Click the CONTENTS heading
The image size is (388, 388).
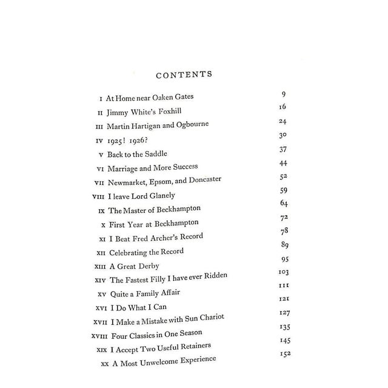tap(184, 75)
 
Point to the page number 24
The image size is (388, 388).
tap(283, 121)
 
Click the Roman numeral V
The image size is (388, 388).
tap(101, 154)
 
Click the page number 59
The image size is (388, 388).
tap(283, 190)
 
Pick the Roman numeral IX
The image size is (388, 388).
tap(101, 210)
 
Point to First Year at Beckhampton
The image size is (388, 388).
tap(155, 224)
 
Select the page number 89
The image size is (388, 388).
tap(283, 244)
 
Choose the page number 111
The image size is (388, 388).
tap(283, 286)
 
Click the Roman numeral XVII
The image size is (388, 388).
tap(100, 321)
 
